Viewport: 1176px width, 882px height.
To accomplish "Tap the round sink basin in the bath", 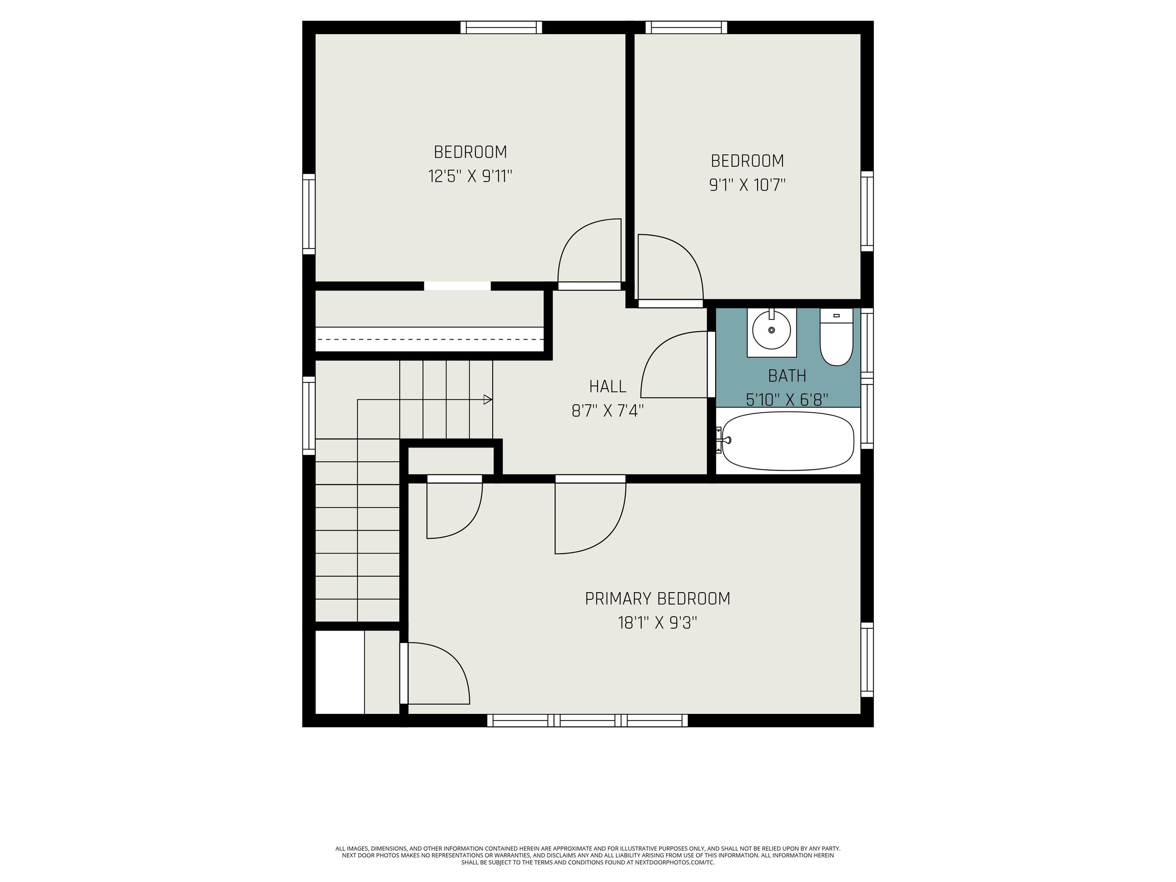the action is (771, 330).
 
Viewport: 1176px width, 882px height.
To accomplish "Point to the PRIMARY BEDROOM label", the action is (658, 599).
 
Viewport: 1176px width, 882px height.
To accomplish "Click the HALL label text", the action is (608, 387).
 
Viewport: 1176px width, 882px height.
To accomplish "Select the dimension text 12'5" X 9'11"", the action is (470, 176).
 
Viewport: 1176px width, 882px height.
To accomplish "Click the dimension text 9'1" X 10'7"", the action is (748, 185).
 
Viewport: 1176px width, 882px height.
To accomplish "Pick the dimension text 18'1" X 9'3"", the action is (658, 622).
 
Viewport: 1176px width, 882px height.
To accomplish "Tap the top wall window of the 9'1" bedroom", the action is (686, 27).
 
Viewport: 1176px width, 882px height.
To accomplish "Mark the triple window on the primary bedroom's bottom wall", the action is (588, 720).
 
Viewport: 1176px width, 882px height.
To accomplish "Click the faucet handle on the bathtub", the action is (726, 440).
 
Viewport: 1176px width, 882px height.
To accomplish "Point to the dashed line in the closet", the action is (430, 339).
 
